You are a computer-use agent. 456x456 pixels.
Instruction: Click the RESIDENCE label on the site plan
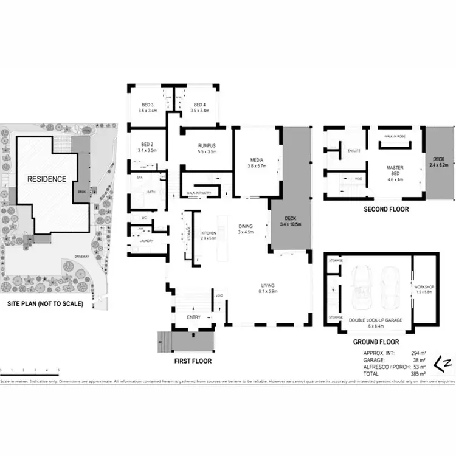tap(46, 179)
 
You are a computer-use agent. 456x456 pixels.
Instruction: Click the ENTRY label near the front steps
tap(193, 317)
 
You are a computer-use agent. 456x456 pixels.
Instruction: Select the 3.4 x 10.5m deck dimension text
tap(289, 224)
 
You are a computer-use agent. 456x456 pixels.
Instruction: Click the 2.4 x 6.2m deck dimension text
tap(440, 162)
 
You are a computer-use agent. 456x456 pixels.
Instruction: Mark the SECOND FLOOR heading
tap(386, 209)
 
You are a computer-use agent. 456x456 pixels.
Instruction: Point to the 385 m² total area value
tap(420, 374)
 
